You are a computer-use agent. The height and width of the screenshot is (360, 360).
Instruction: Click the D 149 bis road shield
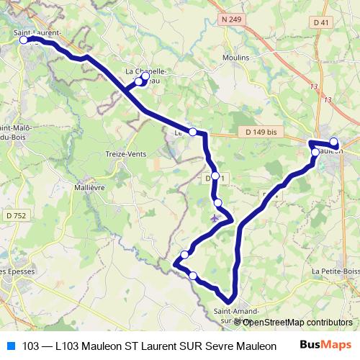(261, 132)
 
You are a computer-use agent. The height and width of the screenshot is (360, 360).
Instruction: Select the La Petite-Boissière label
(336, 271)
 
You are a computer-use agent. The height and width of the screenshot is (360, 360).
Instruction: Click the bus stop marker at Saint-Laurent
(23, 40)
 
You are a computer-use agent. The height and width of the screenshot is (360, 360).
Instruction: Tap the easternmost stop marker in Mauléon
(334, 141)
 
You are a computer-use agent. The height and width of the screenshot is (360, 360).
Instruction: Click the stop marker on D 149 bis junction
(192, 131)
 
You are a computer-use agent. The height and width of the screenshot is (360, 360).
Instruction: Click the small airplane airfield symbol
(215, 215)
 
